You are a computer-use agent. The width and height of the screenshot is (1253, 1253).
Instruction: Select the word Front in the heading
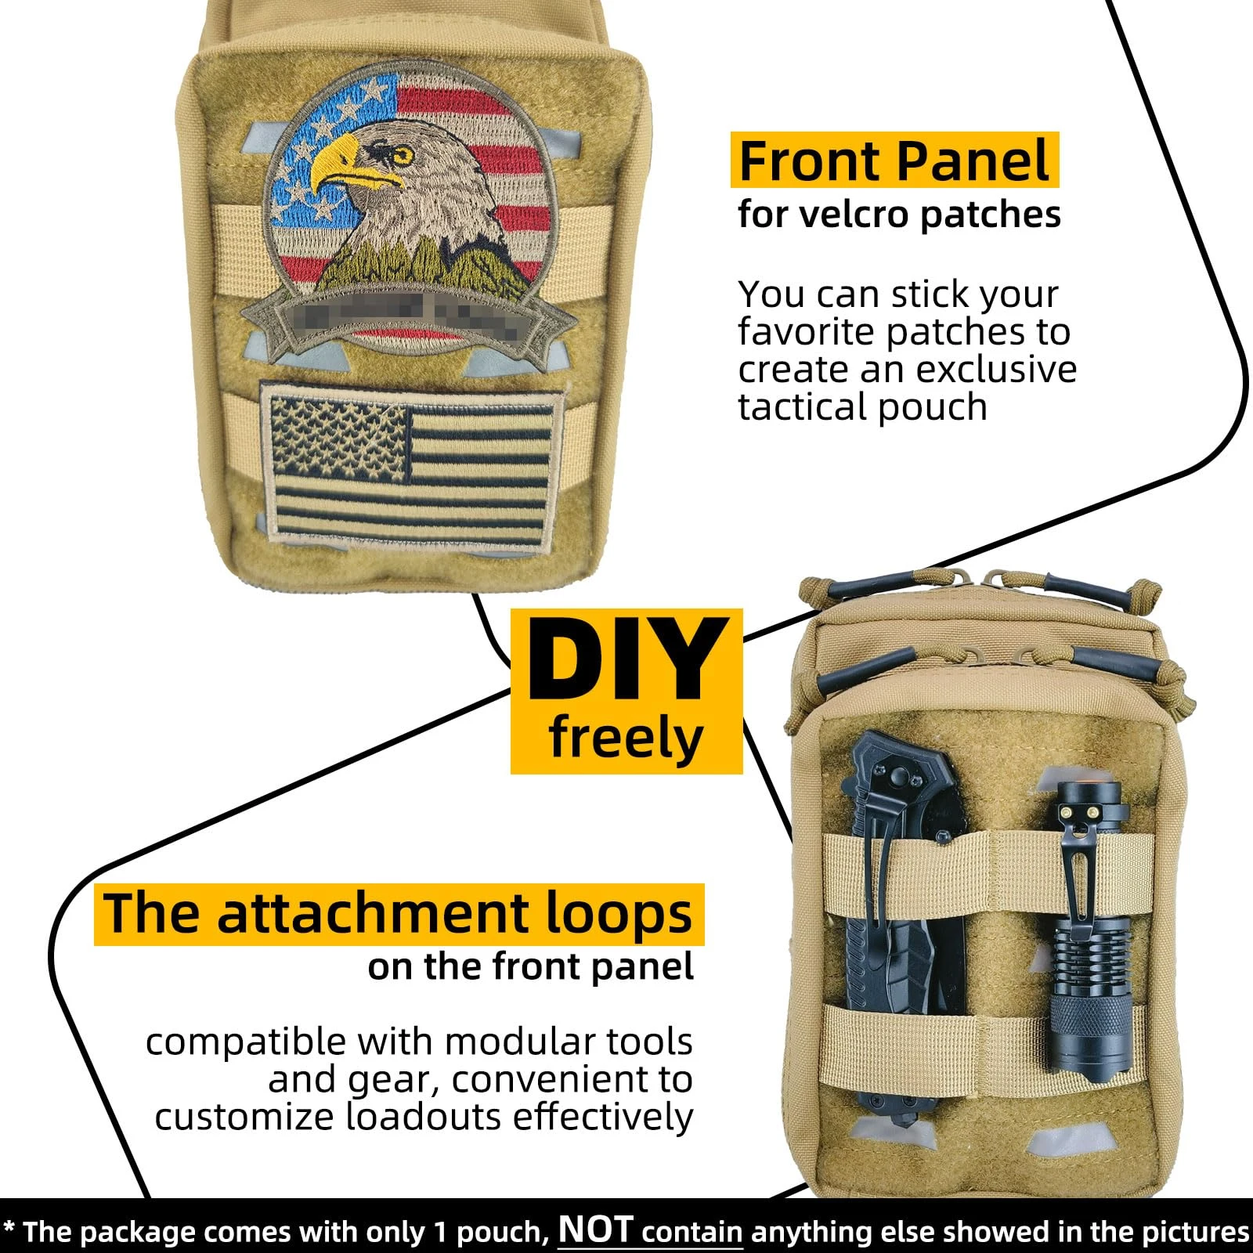pos(811,161)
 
